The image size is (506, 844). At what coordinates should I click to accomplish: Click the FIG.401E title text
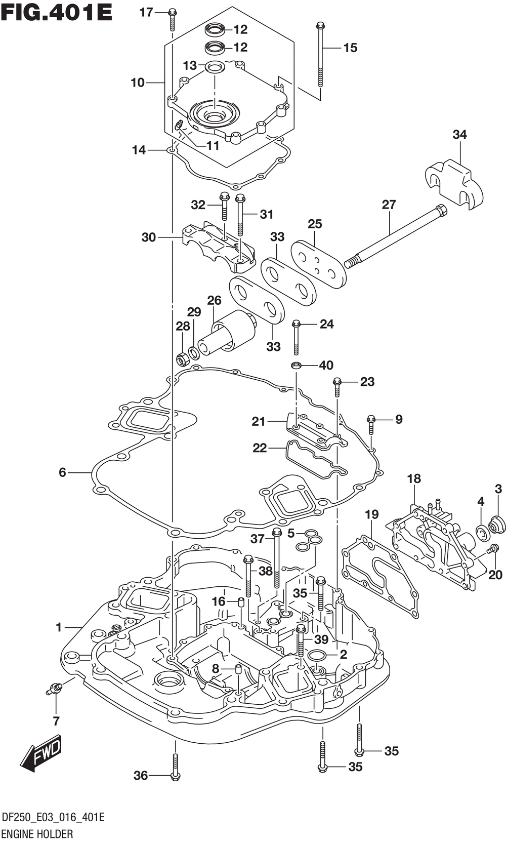tap(57, 13)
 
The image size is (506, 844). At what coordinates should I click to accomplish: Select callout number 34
tap(459, 135)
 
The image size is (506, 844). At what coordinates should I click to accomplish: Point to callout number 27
tap(389, 205)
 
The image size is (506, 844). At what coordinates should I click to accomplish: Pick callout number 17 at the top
tap(146, 13)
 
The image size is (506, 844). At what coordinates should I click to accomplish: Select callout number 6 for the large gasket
tap(63, 472)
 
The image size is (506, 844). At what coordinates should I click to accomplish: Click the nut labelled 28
tap(183, 358)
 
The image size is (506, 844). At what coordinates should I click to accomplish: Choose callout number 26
tap(214, 300)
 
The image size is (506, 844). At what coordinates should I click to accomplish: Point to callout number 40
tap(326, 365)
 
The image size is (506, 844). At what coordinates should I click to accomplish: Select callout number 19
tap(372, 514)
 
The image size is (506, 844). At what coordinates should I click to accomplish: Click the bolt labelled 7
tap(54, 688)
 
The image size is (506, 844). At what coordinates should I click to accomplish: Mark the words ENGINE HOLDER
tap(37, 833)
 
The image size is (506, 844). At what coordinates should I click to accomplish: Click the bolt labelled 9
tap(371, 425)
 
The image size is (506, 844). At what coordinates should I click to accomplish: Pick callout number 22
tap(260, 448)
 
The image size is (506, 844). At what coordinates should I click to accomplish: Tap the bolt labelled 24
tap(297, 337)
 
